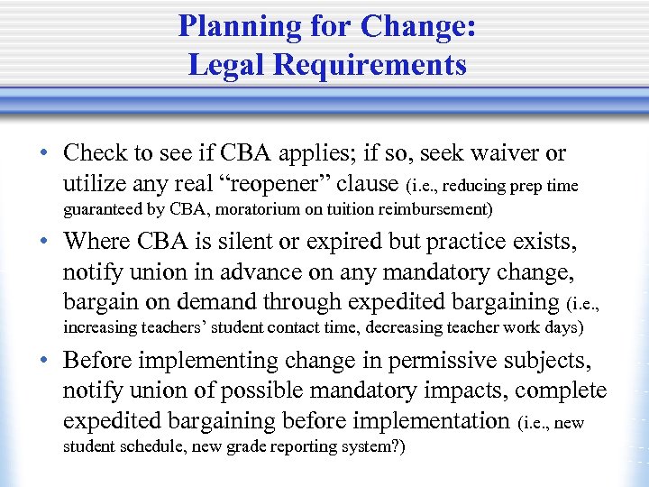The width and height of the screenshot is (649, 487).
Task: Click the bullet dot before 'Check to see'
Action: [x=43, y=154]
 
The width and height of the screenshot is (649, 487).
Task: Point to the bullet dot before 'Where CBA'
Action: [x=43, y=243]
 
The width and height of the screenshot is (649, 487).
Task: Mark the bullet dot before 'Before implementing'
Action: [x=43, y=362]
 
